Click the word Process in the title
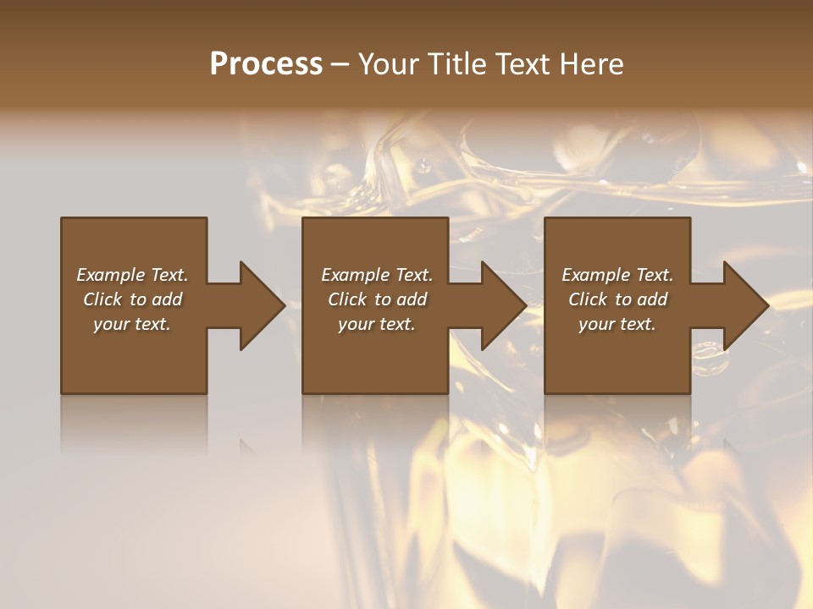(x=266, y=64)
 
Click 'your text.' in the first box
(x=132, y=324)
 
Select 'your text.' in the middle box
(x=376, y=324)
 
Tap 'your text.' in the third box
(x=617, y=324)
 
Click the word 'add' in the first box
(x=168, y=299)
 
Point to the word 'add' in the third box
(x=653, y=299)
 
